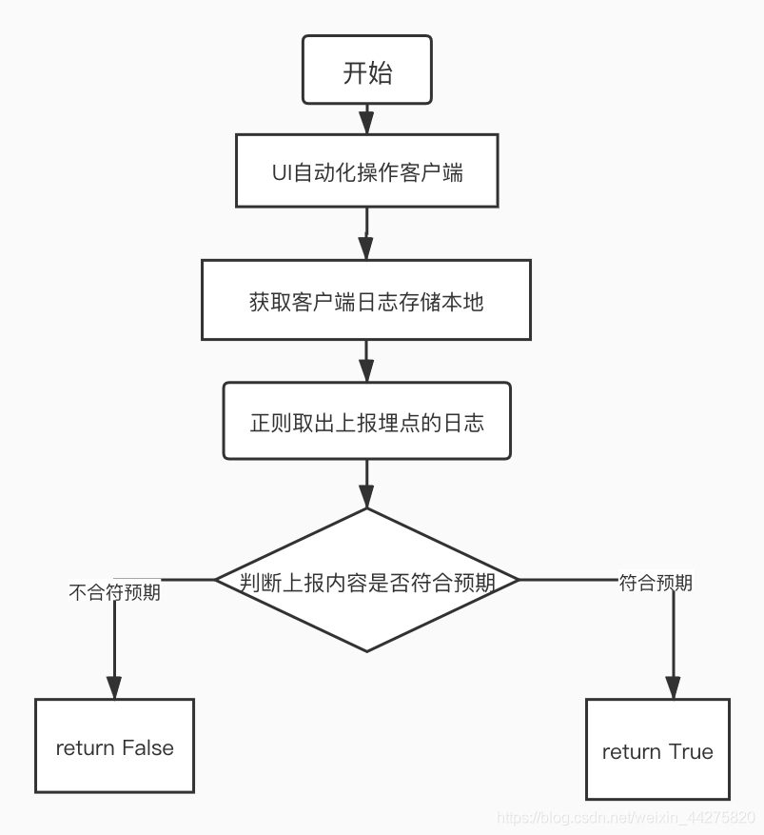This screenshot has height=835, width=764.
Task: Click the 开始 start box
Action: coord(366,70)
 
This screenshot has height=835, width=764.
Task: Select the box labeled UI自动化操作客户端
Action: coord(366,171)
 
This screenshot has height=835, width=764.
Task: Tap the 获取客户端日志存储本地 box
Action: coord(366,301)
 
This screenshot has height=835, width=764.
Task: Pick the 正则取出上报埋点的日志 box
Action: coord(366,421)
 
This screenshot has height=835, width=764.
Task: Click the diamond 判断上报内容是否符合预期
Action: coord(366,580)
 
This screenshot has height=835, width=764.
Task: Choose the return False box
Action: coord(114,746)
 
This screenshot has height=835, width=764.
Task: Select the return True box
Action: coord(657,749)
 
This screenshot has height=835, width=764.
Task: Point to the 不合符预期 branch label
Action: coord(114,592)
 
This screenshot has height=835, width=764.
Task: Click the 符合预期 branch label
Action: coord(656,583)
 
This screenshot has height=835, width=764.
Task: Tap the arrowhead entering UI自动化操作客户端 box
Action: coord(366,123)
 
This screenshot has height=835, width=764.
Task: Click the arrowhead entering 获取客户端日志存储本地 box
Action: coord(366,249)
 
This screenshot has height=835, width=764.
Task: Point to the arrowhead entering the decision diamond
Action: coord(366,496)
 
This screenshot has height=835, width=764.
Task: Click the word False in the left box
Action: coord(147,747)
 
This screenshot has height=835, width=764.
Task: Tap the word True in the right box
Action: coord(691,751)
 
